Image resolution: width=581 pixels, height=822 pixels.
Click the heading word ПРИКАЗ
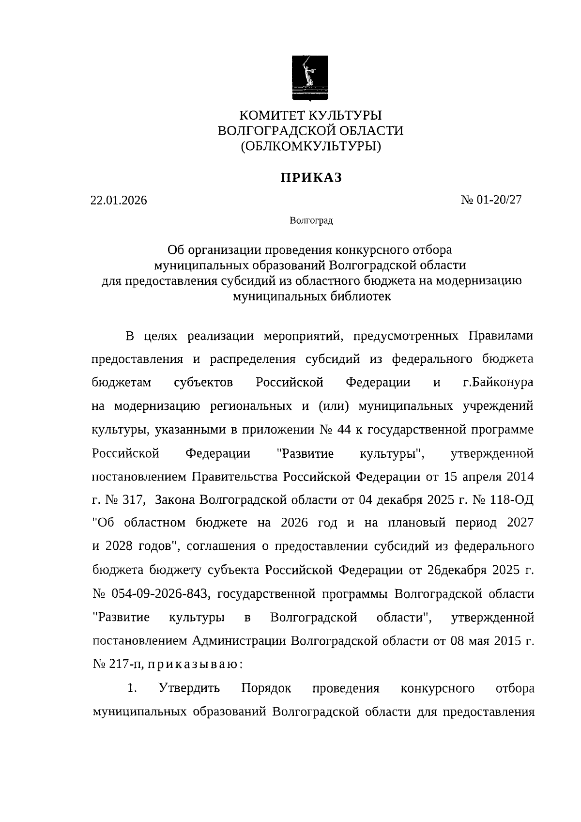[311, 178]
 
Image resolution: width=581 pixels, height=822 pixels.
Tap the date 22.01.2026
[118, 200]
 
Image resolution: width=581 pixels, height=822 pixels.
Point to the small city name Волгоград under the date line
[311, 221]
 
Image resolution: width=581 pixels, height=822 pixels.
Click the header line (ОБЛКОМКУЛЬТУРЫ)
[311, 146]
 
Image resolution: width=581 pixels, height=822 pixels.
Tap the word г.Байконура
[498, 382]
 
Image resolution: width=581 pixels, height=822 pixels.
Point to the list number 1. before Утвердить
[133, 688]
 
